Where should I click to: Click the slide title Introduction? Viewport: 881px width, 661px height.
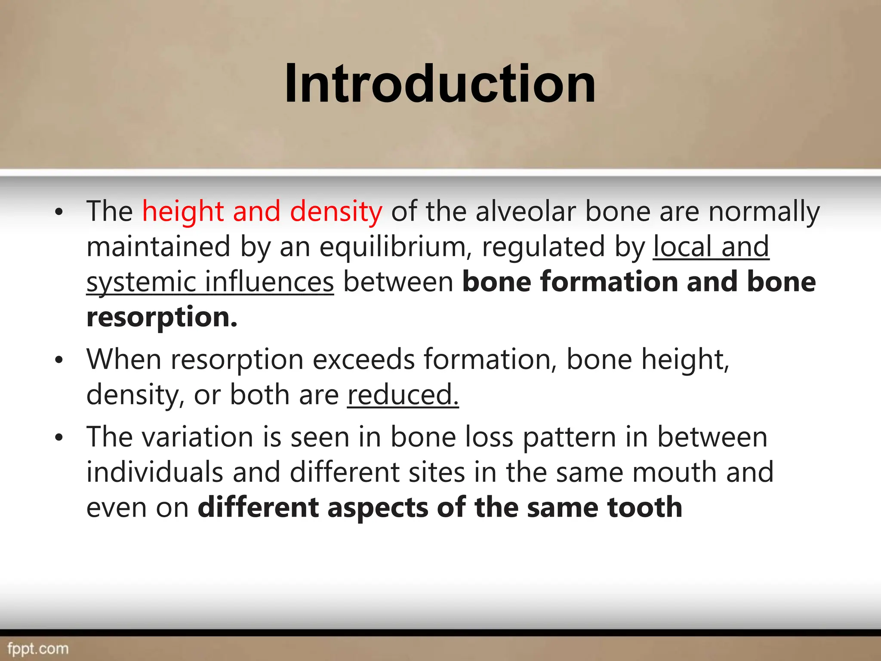pos(440,83)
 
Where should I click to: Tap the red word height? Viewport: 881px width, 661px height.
pos(183,212)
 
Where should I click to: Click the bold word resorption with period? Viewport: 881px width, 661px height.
pos(162,317)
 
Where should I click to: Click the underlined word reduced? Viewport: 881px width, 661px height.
pos(403,395)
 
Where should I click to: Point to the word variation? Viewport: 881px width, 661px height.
pos(197,437)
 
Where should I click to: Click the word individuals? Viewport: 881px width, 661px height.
pos(154,473)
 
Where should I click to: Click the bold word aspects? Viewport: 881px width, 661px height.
pos(377,507)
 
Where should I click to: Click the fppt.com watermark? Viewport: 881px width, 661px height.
pos(38,649)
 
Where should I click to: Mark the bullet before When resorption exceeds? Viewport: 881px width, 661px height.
pos(59,360)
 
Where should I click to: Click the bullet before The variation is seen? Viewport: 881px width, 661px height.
pos(59,438)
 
